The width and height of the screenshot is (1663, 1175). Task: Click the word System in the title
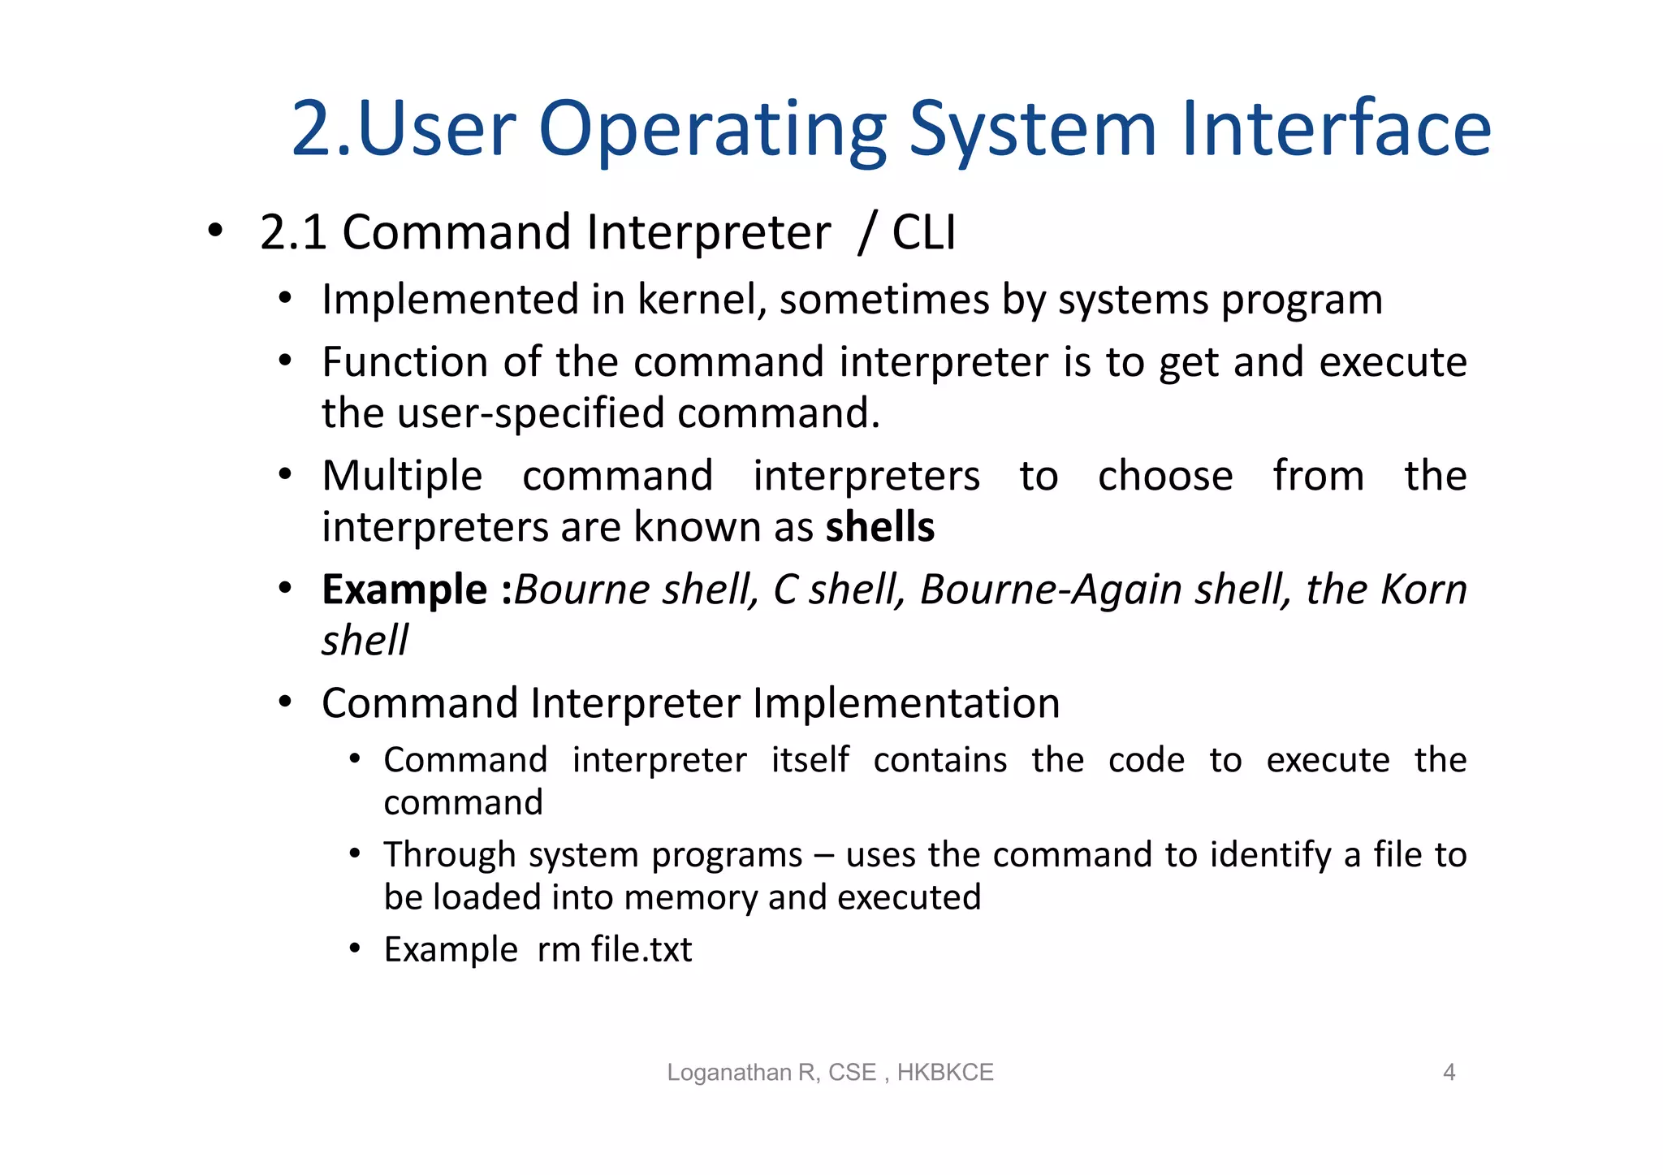click(x=1031, y=130)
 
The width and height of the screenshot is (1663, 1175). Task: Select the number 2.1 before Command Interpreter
click(x=292, y=233)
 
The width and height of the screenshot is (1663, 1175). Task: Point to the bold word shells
click(x=879, y=527)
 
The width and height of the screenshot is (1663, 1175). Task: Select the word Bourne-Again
click(x=1050, y=590)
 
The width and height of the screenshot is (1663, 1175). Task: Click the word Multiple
click(x=402, y=477)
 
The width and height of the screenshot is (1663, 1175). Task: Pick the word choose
click(x=1164, y=477)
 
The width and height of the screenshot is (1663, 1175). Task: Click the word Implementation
click(x=905, y=703)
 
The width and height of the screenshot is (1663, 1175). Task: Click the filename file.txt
click(x=641, y=950)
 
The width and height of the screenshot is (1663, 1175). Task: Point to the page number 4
click(x=1448, y=1073)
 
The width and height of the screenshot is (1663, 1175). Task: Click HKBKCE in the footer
click(x=944, y=1073)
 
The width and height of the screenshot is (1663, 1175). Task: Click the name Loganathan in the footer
click(x=728, y=1073)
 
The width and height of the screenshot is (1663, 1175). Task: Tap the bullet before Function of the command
click(x=284, y=361)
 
